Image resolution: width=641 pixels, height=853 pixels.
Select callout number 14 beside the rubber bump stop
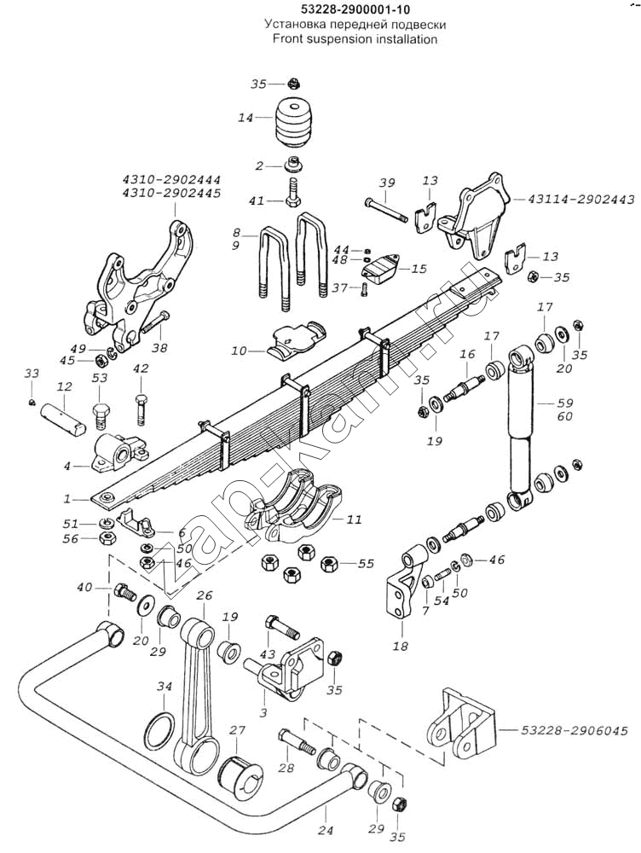tap(245, 118)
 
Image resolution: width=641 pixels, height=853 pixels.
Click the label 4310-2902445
tap(170, 194)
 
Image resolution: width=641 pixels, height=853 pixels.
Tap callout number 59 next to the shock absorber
tap(565, 403)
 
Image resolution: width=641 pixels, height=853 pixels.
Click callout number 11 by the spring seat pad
tap(355, 518)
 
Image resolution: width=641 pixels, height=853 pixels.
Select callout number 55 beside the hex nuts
tap(366, 564)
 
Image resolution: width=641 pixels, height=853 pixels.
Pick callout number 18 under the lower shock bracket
tap(399, 647)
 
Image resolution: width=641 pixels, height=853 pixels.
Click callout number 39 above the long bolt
tap(386, 183)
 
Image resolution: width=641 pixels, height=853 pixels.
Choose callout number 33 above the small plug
tap(32, 374)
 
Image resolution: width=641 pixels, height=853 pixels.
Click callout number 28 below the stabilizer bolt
tap(285, 769)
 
